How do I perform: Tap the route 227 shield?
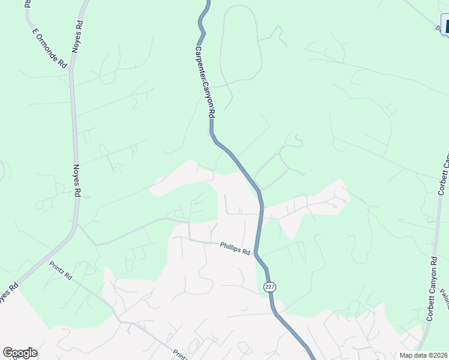pyautogui.click(x=269, y=287)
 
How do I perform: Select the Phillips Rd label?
pyautogui.click(x=235, y=248)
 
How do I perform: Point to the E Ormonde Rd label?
pyautogui.click(x=49, y=47)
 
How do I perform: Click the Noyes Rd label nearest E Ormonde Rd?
pyautogui.click(x=77, y=37)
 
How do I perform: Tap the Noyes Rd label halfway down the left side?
pyautogui.click(x=77, y=181)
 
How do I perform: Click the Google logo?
pyautogui.click(x=20, y=353)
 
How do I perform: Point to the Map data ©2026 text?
pyautogui.click(x=424, y=355)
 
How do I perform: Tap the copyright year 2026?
pyautogui.click(x=439, y=355)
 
